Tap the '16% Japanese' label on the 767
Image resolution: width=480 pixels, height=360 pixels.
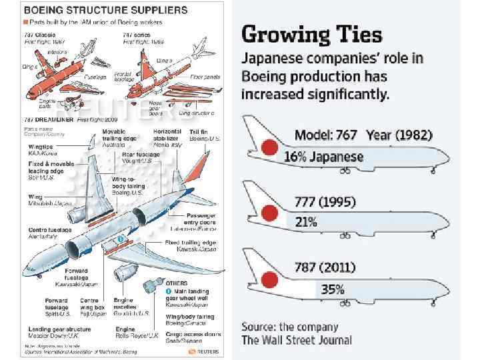click(x=323, y=157)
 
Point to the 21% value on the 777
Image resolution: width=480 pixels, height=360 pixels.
click(x=306, y=222)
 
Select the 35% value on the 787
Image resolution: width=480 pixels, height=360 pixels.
click(x=332, y=289)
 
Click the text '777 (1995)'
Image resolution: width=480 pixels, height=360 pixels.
click(x=325, y=201)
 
